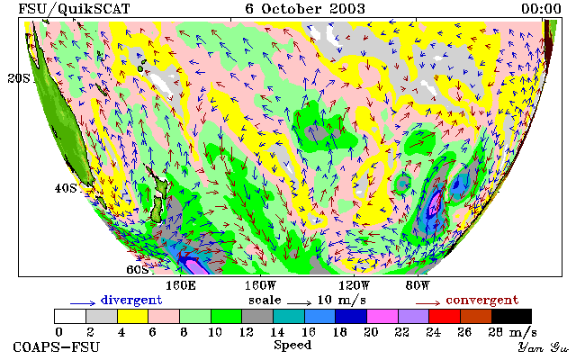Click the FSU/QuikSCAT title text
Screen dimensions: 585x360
[74, 9]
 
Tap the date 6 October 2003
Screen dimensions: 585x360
[305, 9]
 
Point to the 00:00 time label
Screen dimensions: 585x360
[541, 9]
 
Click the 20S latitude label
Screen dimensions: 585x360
[19, 78]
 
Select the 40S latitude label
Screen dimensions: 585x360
[66, 188]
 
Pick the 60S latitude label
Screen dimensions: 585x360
[138, 269]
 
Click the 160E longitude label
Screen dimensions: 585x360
[181, 286]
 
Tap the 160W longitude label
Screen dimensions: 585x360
[260, 286]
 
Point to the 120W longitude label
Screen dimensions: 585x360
[354, 286]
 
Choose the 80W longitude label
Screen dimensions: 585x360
[418, 286]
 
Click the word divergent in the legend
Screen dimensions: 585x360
[131, 300]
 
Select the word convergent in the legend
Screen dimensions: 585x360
[482, 300]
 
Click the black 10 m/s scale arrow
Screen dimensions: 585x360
[299, 303]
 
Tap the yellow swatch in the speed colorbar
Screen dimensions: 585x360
[133, 317]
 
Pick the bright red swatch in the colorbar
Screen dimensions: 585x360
[445, 317]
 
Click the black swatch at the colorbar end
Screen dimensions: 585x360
[511, 317]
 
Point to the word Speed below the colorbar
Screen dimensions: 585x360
[292, 345]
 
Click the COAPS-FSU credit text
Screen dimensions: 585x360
[57, 346]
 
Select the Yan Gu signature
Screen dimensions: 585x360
[543, 348]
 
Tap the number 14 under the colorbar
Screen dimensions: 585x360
[277, 331]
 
